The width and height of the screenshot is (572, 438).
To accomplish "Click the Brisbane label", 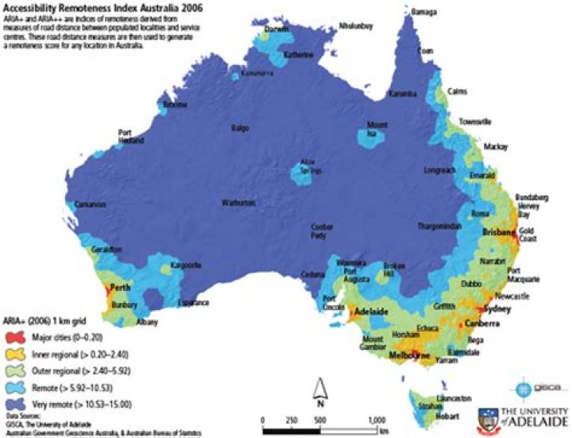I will (x=499, y=232).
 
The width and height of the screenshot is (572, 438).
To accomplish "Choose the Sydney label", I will (x=497, y=308).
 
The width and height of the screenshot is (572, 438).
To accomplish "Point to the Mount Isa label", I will (x=377, y=129).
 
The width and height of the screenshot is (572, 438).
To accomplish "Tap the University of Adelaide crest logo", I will (x=487, y=417).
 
